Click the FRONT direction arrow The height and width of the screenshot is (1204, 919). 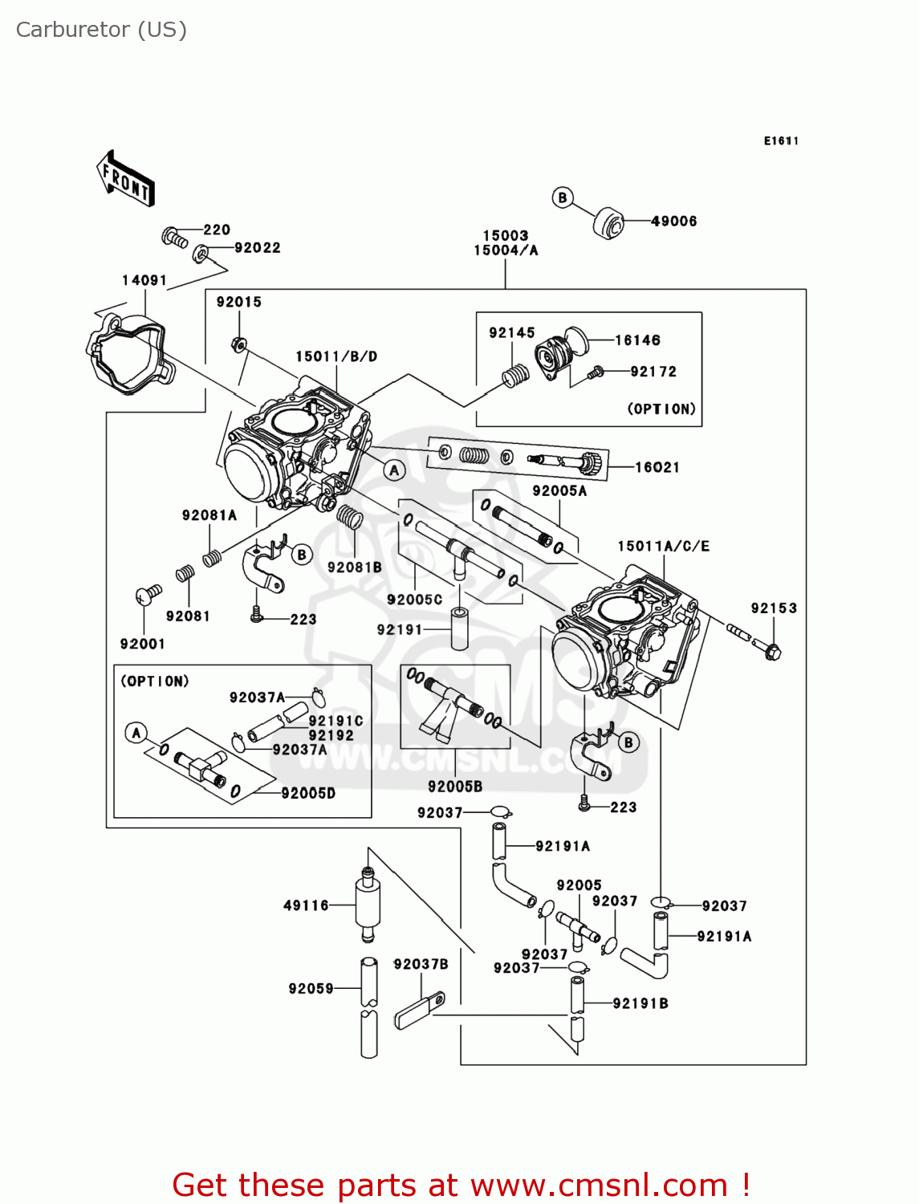pos(125,178)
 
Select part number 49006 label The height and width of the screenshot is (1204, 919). pos(673,221)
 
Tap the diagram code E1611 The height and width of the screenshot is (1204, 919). pos(780,140)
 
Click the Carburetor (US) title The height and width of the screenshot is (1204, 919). pos(101,30)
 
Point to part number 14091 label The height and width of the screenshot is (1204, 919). pos(144,280)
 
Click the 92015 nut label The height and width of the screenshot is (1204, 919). pos(238,302)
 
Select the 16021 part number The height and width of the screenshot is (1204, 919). pos(657,467)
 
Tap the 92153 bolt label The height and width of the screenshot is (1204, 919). pos(774,608)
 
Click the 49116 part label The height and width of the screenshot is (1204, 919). pos(306,905)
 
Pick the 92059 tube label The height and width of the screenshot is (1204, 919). pos(311,988)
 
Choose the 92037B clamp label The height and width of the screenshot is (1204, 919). pos(421,964)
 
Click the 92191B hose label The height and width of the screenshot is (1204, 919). pos(640,1003)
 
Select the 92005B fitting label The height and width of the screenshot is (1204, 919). pos(454,787)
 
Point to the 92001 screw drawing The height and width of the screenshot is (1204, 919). pos(148,594)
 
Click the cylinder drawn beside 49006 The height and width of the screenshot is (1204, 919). pos(608,222)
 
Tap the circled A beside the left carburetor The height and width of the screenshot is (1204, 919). pos(393,470)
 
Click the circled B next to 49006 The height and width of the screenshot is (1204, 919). pos(563,197)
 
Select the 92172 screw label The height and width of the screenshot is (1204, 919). pos(653,372)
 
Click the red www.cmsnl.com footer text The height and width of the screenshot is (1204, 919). pos(462,1185)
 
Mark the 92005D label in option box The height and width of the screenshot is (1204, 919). pos(308,793)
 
